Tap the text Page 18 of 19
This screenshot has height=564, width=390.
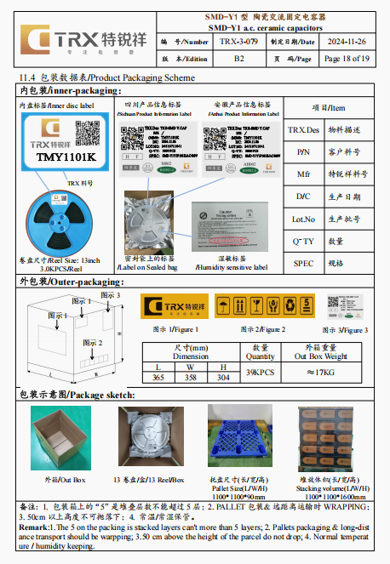pos(347,59)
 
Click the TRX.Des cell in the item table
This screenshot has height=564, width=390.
pos(304,130)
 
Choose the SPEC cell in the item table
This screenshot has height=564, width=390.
pos(304,263)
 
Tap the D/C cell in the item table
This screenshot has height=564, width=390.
pos(304,197)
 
